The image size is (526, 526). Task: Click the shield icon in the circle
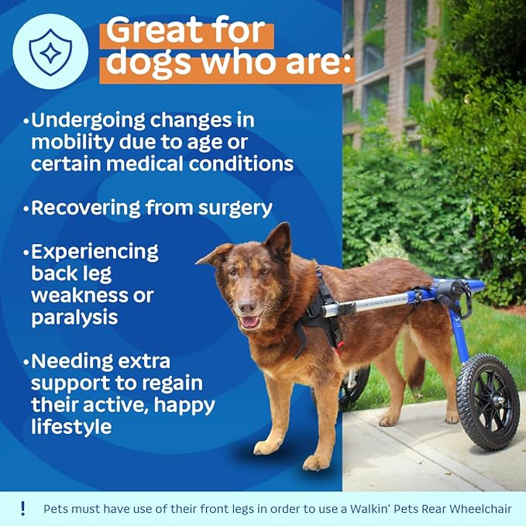click(x=50, y=52)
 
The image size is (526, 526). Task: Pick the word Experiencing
click(x=95, y=252)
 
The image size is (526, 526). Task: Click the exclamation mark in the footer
click(x=23, y=509)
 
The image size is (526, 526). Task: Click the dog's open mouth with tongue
click(x=249, y=321)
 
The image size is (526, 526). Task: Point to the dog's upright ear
click(x=280, y=239)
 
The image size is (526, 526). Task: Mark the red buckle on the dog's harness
click(x=336, y=344)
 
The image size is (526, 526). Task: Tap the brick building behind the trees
click(x=387, y=54)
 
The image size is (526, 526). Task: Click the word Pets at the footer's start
click(x=56, y=510)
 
